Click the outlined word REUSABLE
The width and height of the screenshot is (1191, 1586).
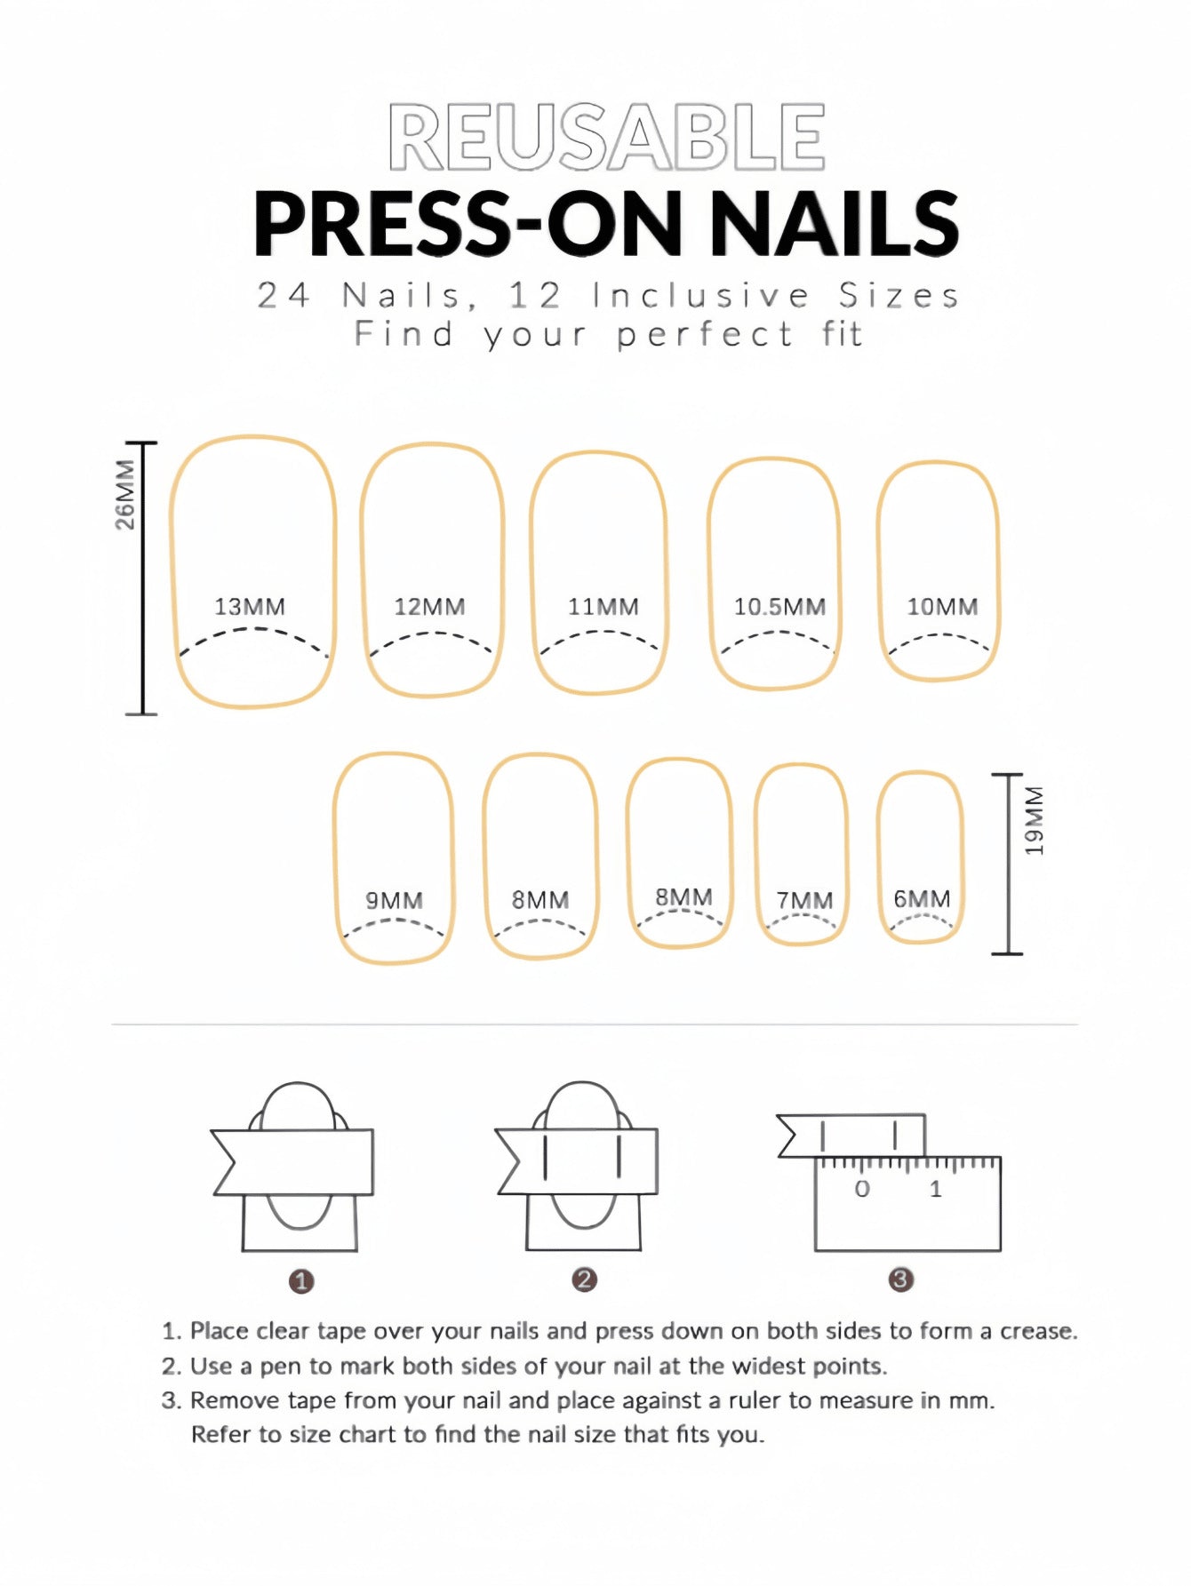[607, 137]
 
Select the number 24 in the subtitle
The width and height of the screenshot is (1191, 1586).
[284, 296]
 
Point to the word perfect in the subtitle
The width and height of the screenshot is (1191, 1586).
[705, 335]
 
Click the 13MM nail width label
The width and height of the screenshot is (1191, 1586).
[250, 607]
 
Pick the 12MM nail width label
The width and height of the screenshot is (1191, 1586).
[429, 607]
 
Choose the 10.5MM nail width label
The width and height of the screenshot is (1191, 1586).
[779, 607]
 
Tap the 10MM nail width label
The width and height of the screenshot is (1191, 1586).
[942, 607]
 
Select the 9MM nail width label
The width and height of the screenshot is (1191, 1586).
[394, 900]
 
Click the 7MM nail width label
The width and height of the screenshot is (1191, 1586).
[804, 900]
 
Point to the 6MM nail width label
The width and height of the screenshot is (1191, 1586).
[922, 898]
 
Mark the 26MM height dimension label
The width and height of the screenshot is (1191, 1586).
[125, 494]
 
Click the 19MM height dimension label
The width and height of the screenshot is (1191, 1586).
[1035, 820]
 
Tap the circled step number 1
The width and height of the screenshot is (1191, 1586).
[301, 1281]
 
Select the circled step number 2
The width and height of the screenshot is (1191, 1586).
[584, 1279]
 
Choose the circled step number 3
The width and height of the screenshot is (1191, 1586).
[900, 1279]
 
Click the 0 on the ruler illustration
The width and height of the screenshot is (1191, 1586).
[862, 1189]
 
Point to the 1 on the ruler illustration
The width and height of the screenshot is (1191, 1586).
[935, 1189]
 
